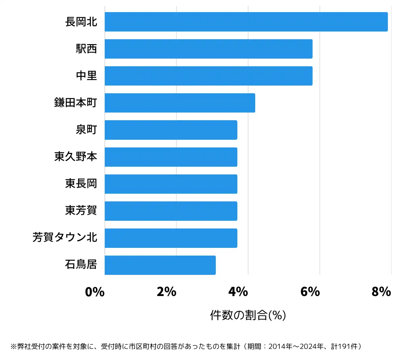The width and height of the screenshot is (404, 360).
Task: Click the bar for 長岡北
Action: (246, 22)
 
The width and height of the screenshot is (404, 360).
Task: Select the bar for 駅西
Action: (208, 49)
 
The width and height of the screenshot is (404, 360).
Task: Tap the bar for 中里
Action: (208, 76)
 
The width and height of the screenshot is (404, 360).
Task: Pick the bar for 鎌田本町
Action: (180, 103)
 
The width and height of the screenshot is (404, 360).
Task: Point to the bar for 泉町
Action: (171, 130)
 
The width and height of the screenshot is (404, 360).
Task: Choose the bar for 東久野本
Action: (171, 157)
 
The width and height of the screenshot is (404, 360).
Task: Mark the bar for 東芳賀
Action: (171, 211)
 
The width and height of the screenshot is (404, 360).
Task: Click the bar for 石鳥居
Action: (160, 265)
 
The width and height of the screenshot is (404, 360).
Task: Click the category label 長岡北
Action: (81, 22)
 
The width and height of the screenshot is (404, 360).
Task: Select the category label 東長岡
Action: (81, 184)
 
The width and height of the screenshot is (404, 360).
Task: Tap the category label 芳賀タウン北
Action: (65, 238)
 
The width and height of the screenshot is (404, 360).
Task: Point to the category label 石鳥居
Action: (81, 265)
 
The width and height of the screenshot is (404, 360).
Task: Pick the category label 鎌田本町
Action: (76, 103)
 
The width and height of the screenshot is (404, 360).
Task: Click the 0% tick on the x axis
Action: (95, 292)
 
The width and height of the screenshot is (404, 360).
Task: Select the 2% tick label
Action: (167, 292)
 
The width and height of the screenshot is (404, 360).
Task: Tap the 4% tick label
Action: (238, 292)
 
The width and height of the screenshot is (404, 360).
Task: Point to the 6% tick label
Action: (310, 292)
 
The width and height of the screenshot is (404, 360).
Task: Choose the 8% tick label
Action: (381, 292)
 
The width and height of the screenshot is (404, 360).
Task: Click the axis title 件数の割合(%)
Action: (248, 315)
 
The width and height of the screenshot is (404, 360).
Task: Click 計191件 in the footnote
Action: (345, 347)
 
